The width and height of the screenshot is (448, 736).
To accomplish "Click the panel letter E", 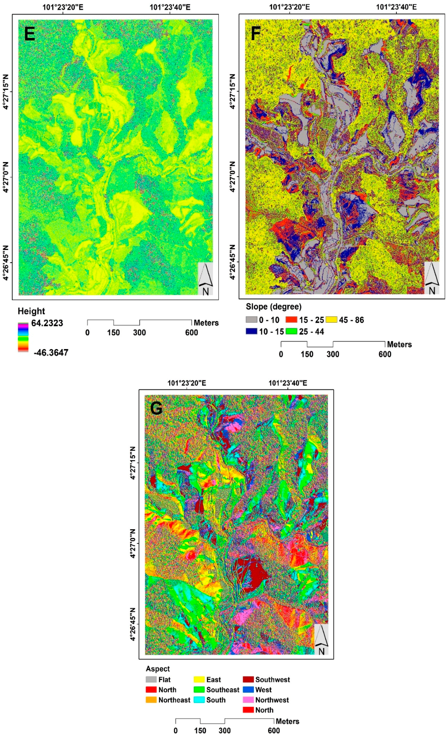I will (x=29, y=34).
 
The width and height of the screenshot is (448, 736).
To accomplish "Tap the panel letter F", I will (x=256, y=34).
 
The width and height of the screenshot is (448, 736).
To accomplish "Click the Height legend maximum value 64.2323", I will (x=47, y=323).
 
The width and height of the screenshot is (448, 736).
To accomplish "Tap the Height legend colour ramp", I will (x=23, y=337).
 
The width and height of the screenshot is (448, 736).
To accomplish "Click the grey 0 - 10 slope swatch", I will (x=251, y=320).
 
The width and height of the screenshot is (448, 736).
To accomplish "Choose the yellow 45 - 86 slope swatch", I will (x=331, y=320).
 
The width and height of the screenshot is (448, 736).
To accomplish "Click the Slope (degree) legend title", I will (x=273, y=307).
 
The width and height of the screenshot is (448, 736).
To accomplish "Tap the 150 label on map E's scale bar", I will (x=113, y=332).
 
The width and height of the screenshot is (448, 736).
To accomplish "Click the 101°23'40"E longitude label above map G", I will (x=287, y=383).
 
